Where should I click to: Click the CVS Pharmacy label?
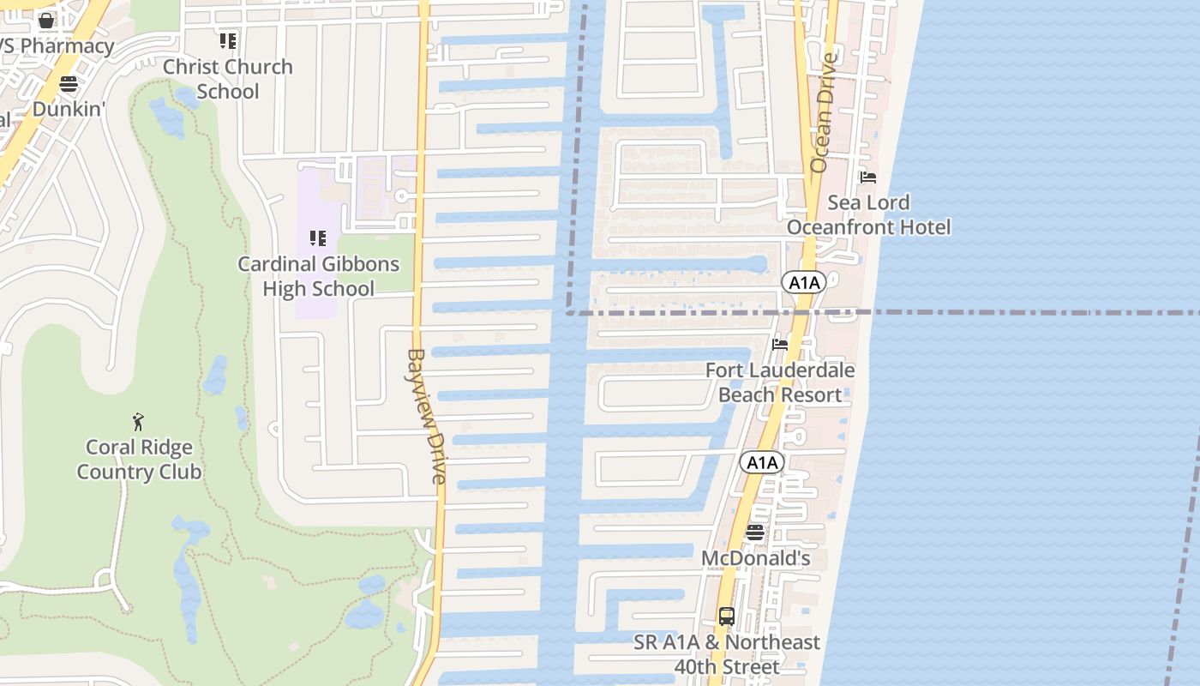click(57, 46)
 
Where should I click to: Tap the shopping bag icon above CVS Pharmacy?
click(46, 20)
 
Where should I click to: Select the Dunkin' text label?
click(69, 109)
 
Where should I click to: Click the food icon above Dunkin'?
click(69, 84)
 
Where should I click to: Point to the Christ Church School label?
click(228, 79)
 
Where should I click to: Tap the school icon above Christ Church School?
click(228, 40)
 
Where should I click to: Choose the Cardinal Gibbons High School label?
click(318, 276)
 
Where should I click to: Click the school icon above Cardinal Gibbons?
click(318, 238)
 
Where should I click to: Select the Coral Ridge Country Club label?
click(139, 460)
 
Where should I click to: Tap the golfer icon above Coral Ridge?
click(138, 421)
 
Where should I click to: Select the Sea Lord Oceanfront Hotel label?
click(868, 214)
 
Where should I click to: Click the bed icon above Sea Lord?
click(868, 178)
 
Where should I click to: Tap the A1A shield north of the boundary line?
click(803, 282)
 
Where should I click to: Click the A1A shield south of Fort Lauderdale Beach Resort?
click(761, 463)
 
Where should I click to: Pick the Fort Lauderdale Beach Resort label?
click(780, 382)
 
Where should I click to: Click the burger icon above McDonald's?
click(754, 533)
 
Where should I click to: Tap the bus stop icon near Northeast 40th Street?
click(727, 616)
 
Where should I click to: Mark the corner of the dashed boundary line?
click(567, 313)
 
